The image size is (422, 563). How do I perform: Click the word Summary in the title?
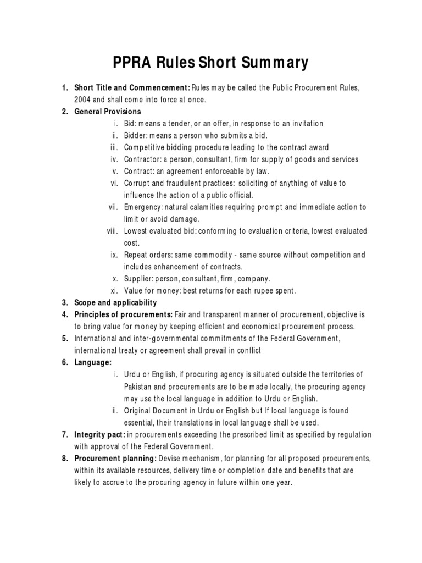pyautogui.click(x=270, y=63)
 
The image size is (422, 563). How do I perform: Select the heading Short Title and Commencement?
pyautogui.click(x=132, y=88)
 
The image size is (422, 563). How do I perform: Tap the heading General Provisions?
pyautogui.click(x=108, y=112)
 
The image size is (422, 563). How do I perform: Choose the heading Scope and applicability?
pyautogui.click(x=115, y=303)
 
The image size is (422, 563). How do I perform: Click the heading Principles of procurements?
pyautogui.click(x=124, y=314)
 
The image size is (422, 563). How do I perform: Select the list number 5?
pyautogui.click(x=64, y=339)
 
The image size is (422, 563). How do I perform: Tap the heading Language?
pyautogui.click(x=93, y=362)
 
